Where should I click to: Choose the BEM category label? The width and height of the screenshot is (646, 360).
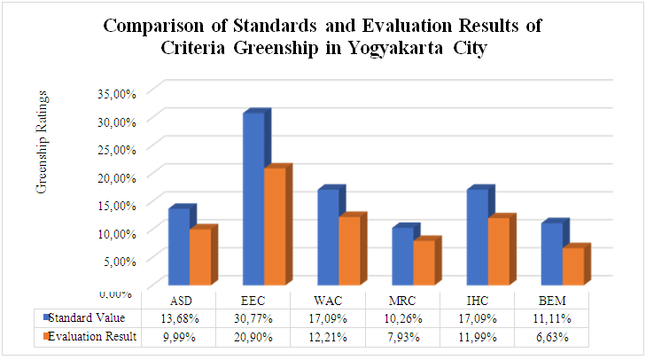click(x=551, y=301)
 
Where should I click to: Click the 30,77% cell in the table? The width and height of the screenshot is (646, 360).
click(x=253, y=318)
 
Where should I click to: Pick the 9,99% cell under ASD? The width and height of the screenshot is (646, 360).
click(x=178, y=336)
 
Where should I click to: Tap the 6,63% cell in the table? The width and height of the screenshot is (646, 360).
click(x=551, y=336)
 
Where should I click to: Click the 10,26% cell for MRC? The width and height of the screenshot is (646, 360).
click(x=401, y=318)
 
